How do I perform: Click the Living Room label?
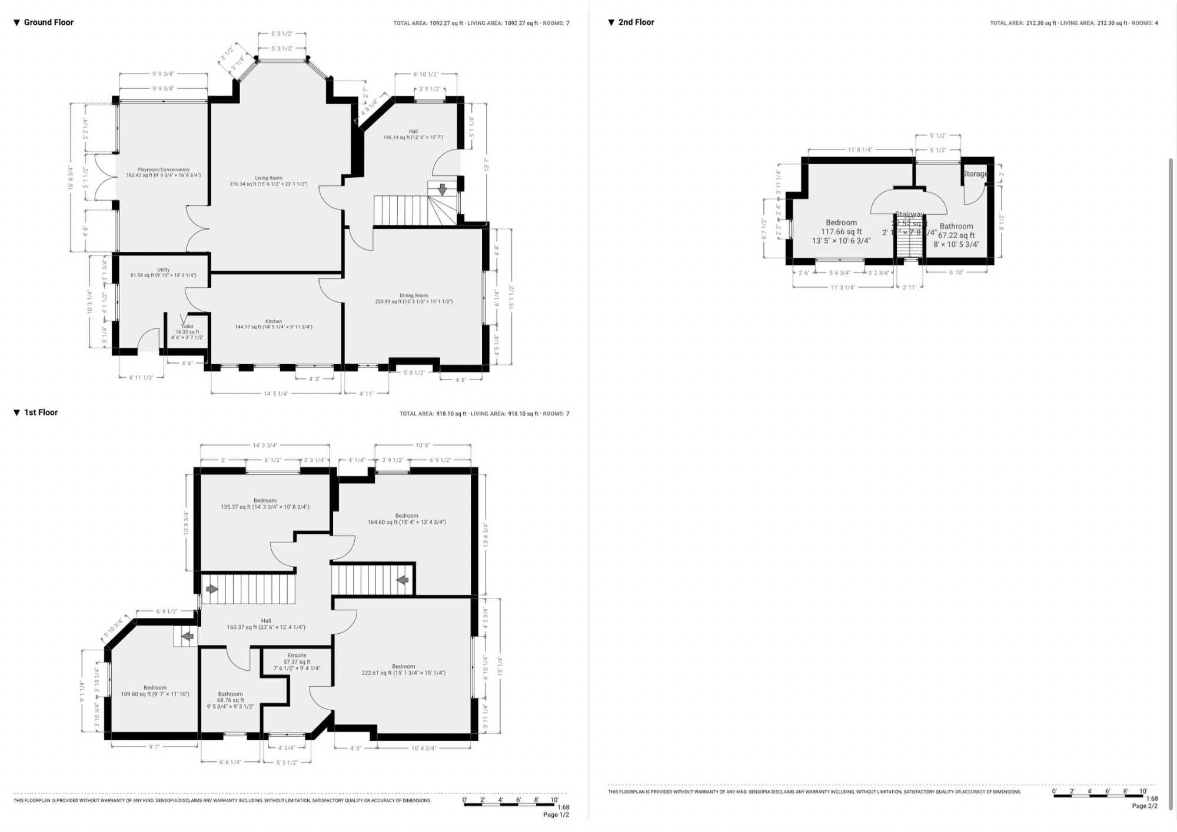point(268,178)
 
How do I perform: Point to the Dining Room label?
point(414,295)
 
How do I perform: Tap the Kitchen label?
point(274,321)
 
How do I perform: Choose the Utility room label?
point(163,270)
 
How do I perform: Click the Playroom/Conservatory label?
point(164,169)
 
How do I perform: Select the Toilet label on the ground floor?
point(187,327)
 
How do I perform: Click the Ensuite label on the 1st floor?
point(297,655)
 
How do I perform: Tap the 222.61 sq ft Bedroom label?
point(404,667)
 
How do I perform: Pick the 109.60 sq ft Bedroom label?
point(155,688)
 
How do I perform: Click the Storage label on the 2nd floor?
point(975,174)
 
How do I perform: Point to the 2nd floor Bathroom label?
point(956,226)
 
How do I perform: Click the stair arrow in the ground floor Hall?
point(442,190)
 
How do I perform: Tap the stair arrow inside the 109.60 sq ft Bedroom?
point(187,636)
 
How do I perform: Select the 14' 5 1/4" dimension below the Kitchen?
point(275,394)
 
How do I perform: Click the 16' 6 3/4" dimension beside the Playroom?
point(71,177)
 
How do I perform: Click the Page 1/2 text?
point(556,815)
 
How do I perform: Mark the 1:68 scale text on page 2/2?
point(1152,798)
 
